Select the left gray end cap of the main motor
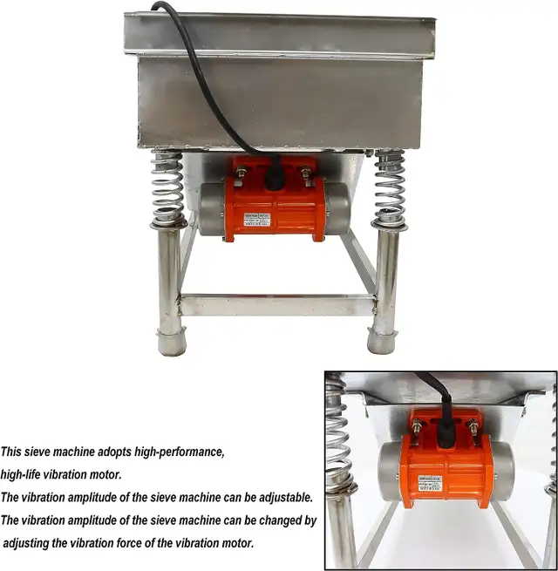point(211,209)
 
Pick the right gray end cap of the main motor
point(337,208)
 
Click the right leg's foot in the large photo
point(382,340)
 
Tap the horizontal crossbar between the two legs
point(276,305)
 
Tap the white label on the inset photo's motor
point(429,482)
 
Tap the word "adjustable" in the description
point(281,497)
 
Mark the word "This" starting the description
point(11,452)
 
